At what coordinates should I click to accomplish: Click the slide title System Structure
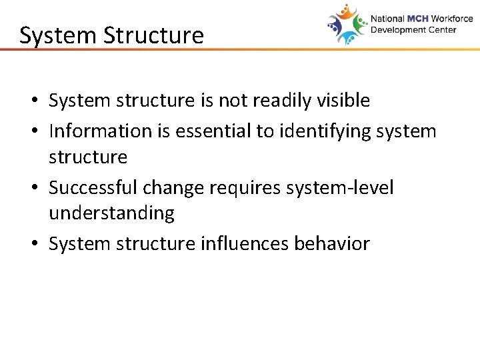pyautogui.click(x=111, y=35)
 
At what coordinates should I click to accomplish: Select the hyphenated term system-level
pyautogui.click(x=340, y=188)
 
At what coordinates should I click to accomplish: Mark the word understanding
pyautogui.click(x=111, y=213)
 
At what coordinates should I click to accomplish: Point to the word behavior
pyautogui.click(x=331, y=244)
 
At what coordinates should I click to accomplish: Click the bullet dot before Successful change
pyautogui.click(x=33, y=189)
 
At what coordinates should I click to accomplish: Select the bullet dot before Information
pyautogui.click(x=33, y=131)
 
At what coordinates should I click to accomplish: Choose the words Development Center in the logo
pyautogui.click(x=413, y=30)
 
